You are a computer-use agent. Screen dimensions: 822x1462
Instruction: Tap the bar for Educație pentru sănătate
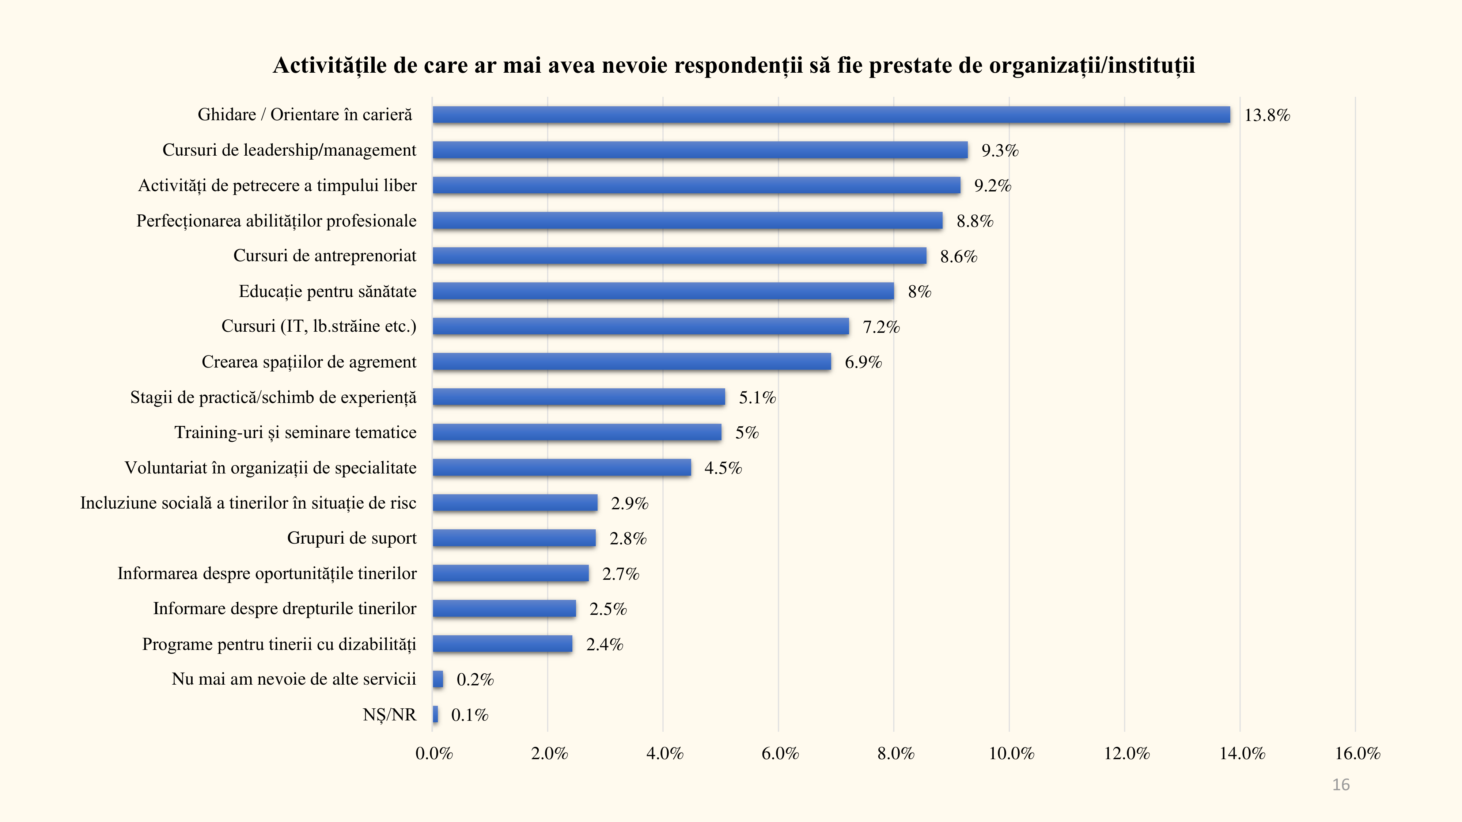click(663, 291)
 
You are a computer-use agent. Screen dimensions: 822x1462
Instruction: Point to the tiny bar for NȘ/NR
click(435, 714)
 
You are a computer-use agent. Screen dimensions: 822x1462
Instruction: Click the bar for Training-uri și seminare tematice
click(577, 432)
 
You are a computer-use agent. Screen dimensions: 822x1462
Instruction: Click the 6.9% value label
click(863, 362)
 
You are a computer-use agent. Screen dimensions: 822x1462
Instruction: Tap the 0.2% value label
click(475, 680)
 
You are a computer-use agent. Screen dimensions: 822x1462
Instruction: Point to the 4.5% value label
click(723, 468)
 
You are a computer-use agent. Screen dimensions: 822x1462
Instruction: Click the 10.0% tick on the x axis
click(1011, 753)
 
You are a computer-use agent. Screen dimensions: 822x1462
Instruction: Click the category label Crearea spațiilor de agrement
click(309, 362)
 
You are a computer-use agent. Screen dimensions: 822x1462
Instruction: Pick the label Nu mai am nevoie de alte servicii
click(293, 679)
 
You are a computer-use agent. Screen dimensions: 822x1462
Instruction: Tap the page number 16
click(1341, 785)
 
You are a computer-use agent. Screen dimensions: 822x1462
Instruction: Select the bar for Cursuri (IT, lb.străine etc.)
click(640, 326)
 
